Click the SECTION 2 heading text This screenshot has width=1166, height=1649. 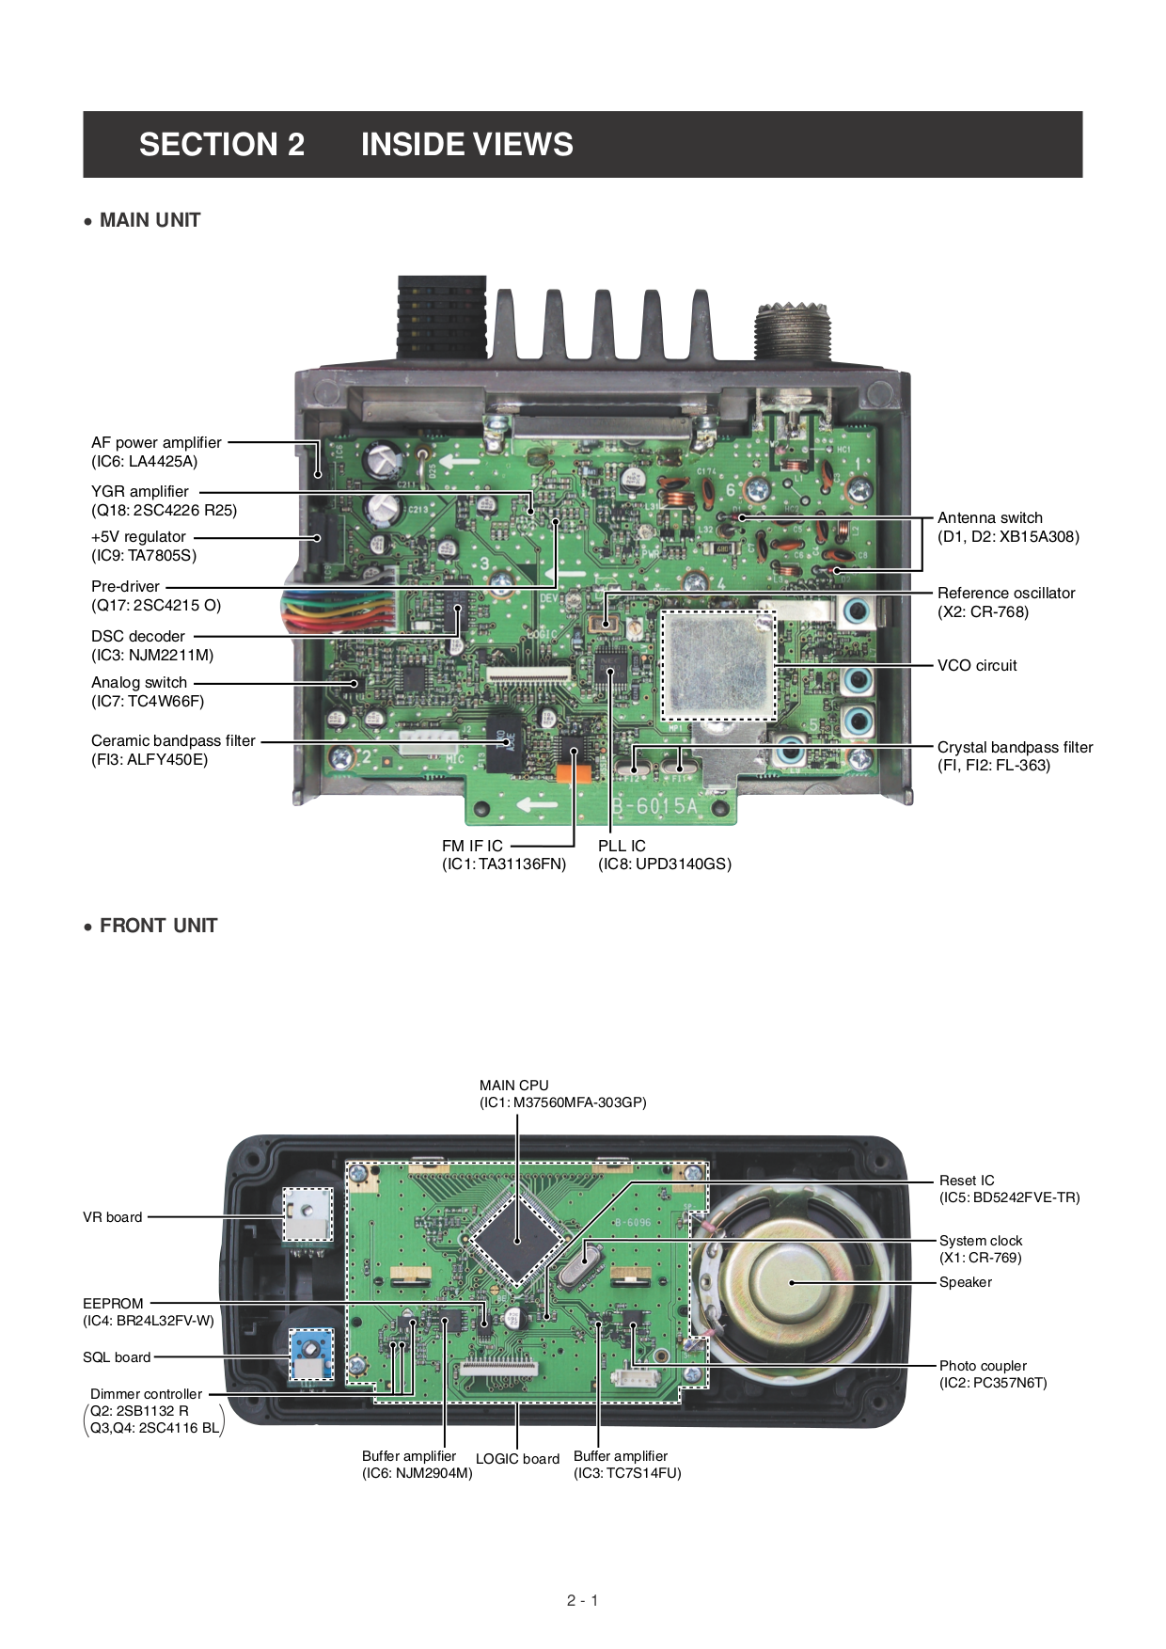tap(222, 145)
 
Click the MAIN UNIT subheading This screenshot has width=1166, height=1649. tap(150, 220)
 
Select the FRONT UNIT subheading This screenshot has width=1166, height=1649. tap(158, 926)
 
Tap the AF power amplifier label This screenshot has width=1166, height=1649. tap(156, 443)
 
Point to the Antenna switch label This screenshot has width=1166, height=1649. tap(989, 518)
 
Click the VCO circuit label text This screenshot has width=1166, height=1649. tap(976, 666)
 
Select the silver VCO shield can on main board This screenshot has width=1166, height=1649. tap(717, 663)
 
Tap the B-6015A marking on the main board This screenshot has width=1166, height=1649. tap(655, 806)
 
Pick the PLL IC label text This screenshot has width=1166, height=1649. tap(622, 847)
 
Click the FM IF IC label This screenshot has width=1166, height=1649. tap(472, 847)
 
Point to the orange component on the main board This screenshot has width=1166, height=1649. tap(573, 773)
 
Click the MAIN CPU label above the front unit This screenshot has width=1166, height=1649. tap(513, 1086)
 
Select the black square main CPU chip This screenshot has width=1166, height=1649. tap(516, 1241)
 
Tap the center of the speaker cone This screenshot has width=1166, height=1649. tap(792, 1282)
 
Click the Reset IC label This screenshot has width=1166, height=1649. tap(966, 1181)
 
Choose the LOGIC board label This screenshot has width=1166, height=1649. tap(517, 1459)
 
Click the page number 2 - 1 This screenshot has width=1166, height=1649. tap(582, 1600)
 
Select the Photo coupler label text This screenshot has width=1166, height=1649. tap(983, 1366)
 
